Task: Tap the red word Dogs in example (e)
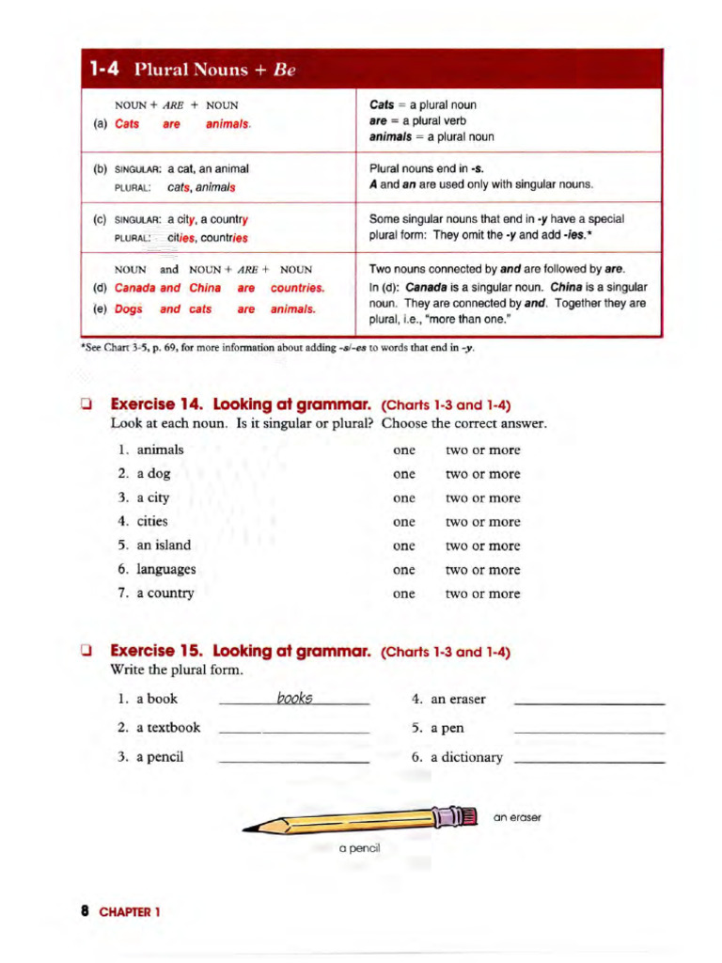[x=129, y=308]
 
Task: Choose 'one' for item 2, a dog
[x=404, y=474]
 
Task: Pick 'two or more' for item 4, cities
[x=482, y=522]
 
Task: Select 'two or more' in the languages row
[x=482, y=570]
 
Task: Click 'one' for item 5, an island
[x=404, y=545]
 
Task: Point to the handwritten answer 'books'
[x=295, y=698]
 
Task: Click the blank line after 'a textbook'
[x=293, y=730]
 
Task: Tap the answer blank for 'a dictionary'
[x=590, y=759]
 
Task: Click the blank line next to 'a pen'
[x=590, y=730]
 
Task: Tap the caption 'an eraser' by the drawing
[x=517, y=817]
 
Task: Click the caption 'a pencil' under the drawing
[x=359, y=848]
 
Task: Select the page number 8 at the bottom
[x=85, y=911]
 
